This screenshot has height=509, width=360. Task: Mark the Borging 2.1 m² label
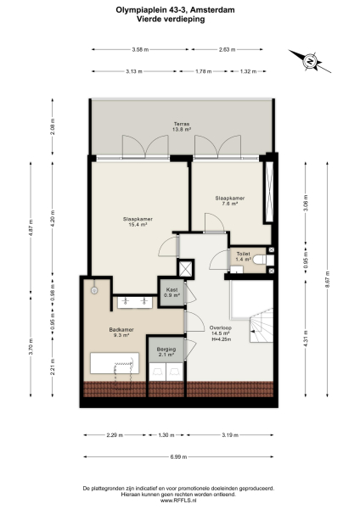coord(166,352)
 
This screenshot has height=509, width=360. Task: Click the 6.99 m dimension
coord(179,456)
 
